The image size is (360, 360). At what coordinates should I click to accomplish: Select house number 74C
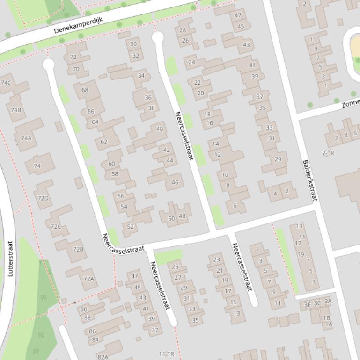6,83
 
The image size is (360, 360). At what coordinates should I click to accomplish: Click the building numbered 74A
26,138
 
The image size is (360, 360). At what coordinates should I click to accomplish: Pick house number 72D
43,198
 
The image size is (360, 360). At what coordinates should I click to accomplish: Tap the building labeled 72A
88,279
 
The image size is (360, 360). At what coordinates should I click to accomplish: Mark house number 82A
103,357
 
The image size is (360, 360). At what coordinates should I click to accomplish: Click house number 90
84,309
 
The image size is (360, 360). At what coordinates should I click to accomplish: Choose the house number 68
85,90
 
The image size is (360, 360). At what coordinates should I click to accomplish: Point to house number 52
131,227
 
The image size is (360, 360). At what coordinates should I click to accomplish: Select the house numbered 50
171,218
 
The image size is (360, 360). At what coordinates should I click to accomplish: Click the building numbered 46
175,182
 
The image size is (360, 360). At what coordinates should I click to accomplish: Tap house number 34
141,75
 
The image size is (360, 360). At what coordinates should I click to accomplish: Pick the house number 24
192,62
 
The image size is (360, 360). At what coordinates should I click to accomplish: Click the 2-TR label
328,153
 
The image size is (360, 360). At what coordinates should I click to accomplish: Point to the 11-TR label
167,354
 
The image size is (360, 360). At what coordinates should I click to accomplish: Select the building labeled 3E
308,305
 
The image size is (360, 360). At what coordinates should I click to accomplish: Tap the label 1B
327,318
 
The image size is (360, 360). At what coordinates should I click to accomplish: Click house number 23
216,259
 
